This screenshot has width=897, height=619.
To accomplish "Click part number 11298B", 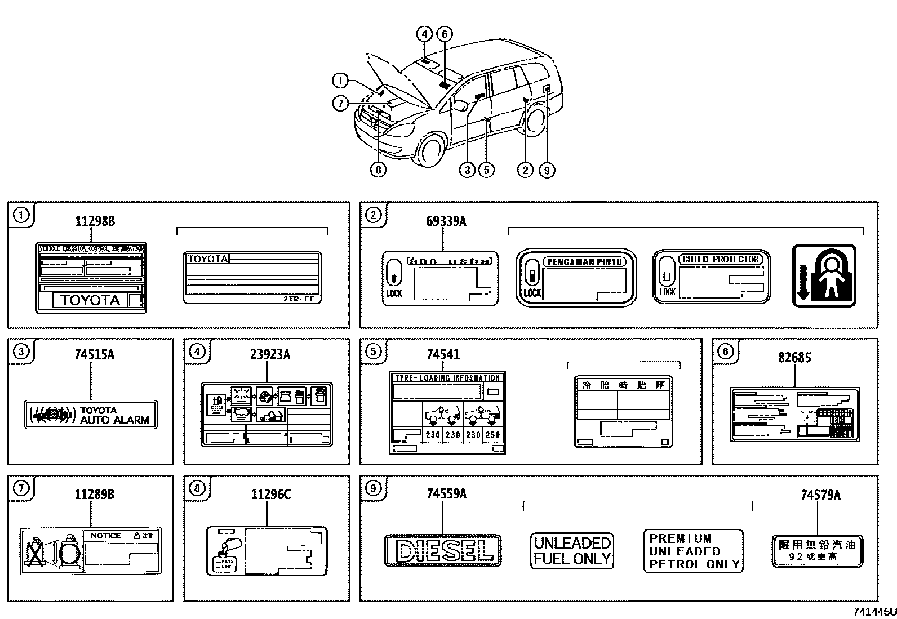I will (95, 221).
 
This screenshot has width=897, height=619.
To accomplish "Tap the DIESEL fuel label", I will (442, 550).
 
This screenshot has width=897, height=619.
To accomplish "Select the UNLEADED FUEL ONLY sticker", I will (572, 551).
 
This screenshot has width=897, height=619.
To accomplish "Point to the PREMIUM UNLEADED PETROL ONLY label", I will (693, 551).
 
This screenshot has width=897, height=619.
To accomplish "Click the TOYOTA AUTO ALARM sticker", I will (91, 415).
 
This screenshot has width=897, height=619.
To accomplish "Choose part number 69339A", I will (446, 221).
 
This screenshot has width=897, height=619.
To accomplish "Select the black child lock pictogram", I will (824, 275).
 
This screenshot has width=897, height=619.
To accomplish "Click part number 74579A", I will (820, 495).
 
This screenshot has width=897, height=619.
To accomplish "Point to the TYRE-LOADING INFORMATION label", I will (447, 412).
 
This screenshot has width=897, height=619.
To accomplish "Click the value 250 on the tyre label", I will (492, 435).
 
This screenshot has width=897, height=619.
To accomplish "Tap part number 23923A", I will (270, 354).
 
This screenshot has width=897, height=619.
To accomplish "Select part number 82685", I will (794, 357).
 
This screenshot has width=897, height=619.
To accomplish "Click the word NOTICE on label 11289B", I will (106, 536).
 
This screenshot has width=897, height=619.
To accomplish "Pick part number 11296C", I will (270, 494).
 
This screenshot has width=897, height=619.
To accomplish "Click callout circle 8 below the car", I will (378, 169).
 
